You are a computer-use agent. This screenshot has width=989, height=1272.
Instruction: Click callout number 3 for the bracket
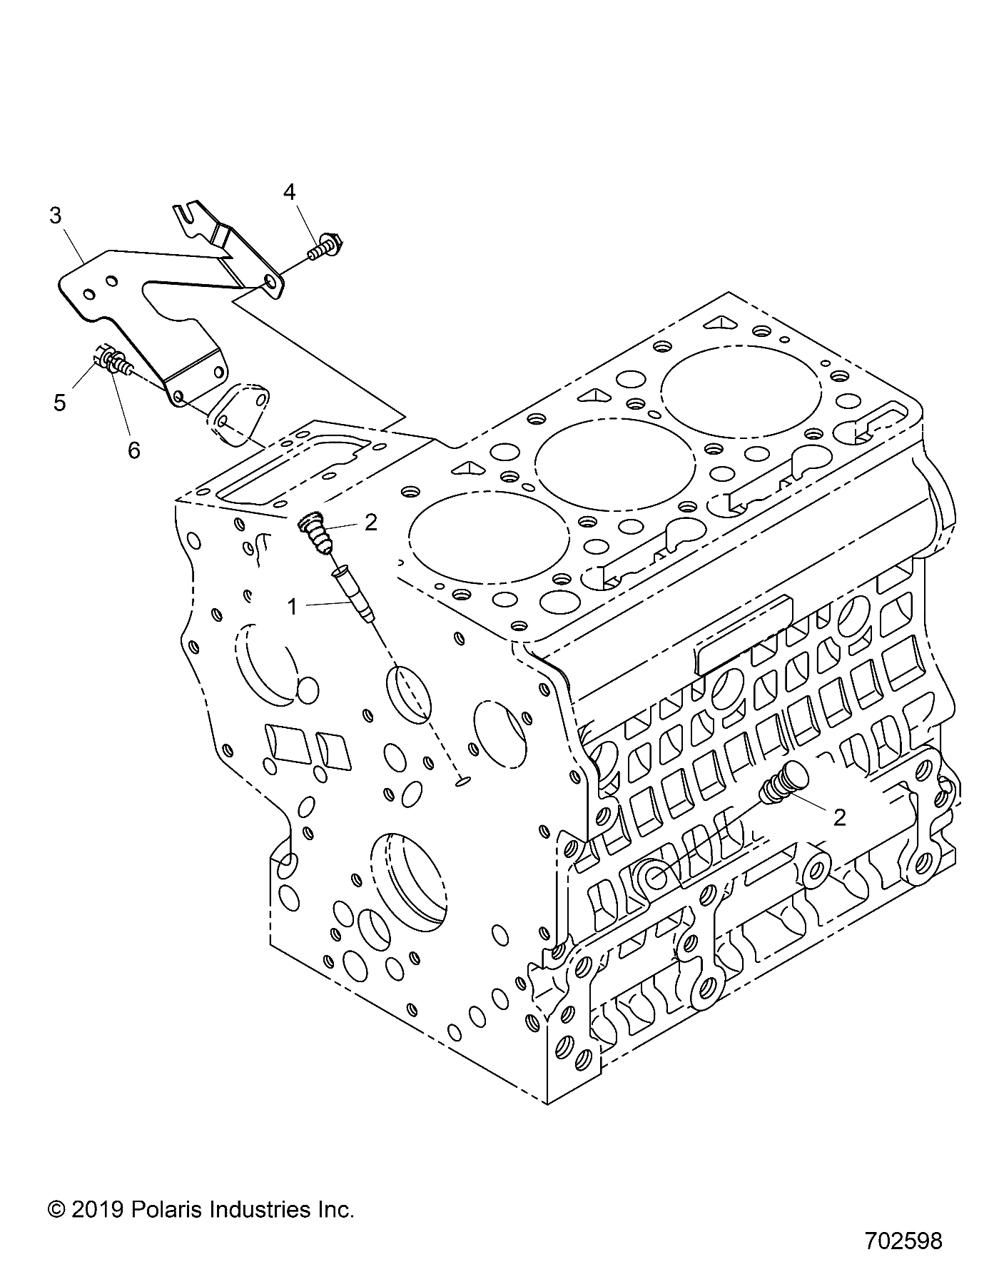[56, 216]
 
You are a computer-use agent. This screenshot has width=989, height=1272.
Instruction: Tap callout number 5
[60, 403]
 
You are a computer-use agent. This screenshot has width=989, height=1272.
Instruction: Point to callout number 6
[133, 450]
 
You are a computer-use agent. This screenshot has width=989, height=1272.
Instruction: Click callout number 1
[292, 607]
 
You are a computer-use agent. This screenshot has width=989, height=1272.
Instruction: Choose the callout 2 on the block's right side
[839, 817]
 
